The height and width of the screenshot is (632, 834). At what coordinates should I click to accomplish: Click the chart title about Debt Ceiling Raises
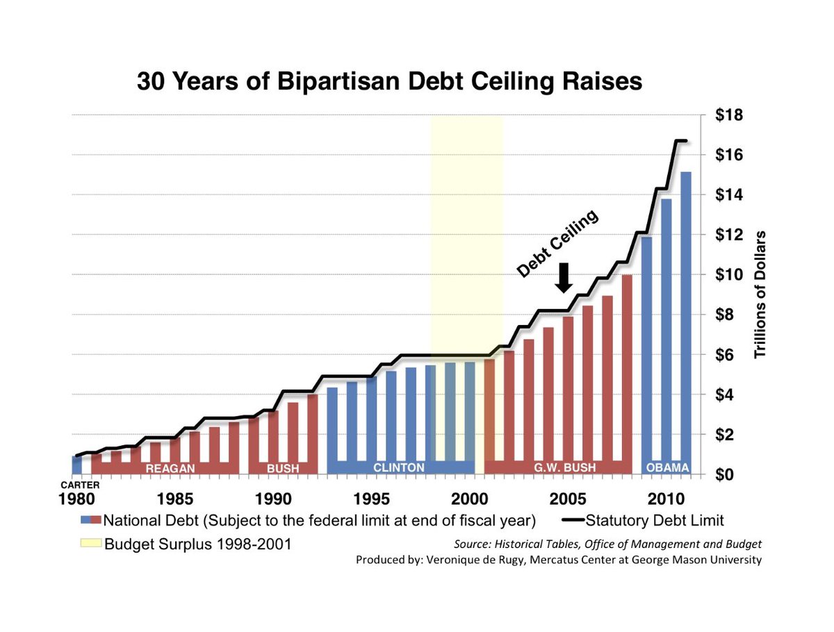pos(389,81)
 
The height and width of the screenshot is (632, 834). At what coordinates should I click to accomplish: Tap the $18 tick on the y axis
pos(729,115)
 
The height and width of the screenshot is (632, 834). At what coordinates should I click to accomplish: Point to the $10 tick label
pos(729,274)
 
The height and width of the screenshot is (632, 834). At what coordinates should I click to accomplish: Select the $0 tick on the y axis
pos(733,474)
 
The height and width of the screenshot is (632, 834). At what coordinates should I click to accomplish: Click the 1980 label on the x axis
pos(76,499)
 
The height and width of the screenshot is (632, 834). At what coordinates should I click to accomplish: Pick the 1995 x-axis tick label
pos(372,499)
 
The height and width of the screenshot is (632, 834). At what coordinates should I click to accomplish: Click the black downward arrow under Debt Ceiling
pos(564,278)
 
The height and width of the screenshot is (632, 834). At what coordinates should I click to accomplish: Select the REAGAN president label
pos(169,469)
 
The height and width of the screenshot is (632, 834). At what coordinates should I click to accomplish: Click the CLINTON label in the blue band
pos(398,468)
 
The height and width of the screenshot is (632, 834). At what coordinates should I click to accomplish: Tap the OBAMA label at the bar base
pos(667,468)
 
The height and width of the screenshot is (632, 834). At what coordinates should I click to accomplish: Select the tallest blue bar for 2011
pos(686,313)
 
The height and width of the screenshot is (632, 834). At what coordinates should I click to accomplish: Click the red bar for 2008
pos(627,368)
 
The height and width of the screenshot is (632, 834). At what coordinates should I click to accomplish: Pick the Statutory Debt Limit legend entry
pos(653,520)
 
